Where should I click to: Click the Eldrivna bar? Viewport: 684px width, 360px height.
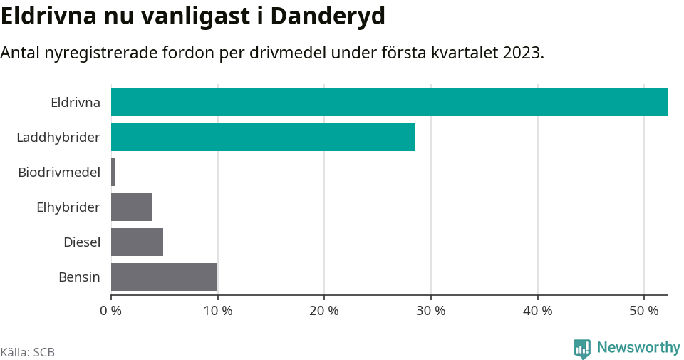coord(389,102)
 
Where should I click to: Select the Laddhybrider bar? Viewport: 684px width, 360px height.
coord(263,137)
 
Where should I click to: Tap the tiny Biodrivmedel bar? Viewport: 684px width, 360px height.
coord(113,172)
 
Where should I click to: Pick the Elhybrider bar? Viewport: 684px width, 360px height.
coord(132,207)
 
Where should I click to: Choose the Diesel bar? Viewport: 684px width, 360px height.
coord(138,242)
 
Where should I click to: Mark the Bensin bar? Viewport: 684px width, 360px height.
coord(165,277)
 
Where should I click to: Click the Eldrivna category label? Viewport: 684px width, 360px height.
coord(76,103)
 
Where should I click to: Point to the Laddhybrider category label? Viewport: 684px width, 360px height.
coord(58,137)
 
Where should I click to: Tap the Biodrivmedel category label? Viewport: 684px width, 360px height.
coord(59,172)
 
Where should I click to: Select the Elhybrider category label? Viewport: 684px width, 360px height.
coord(68,207)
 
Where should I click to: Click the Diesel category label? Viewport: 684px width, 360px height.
coord(82,242)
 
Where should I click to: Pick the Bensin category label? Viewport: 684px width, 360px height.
coord(79,277)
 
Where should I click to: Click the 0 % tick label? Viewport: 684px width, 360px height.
coord(111,311)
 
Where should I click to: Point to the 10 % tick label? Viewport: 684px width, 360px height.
coord(217,311)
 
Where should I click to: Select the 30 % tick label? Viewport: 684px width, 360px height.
coord(431,311)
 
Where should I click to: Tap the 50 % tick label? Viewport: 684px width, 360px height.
coord(644,311)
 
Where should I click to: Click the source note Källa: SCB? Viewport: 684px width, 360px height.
coord(28,352)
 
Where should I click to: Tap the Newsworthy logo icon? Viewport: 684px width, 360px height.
coord(582,348)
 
